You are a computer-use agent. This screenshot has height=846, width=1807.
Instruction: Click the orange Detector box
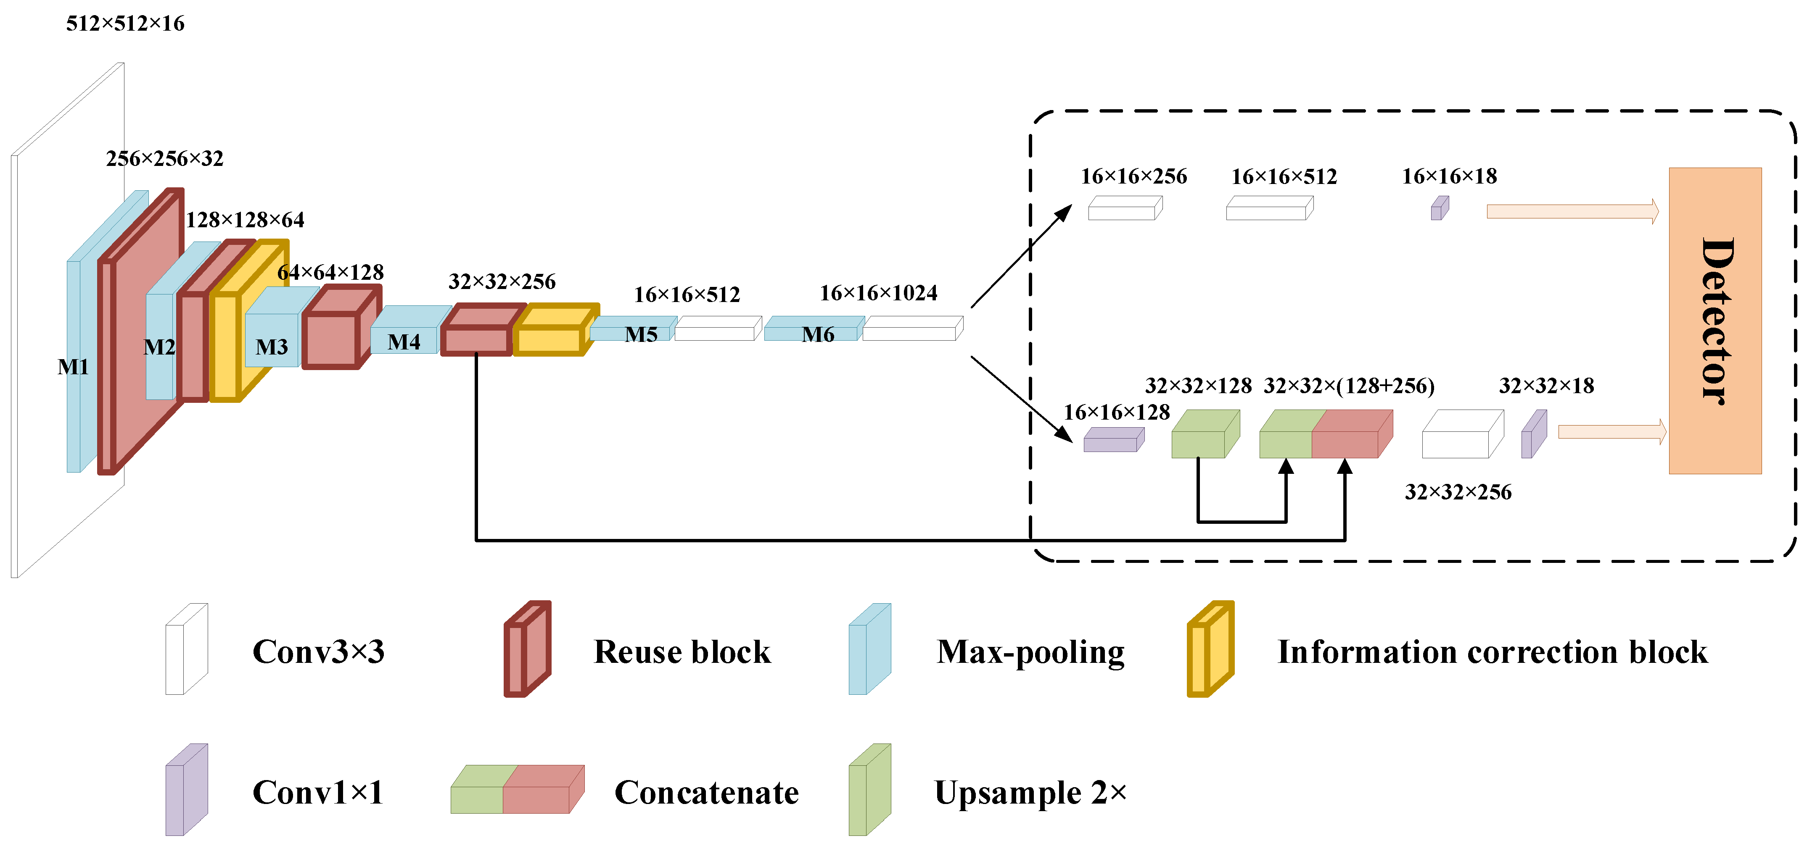(1715, 321)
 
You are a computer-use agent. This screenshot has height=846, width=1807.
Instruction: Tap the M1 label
(73, 367)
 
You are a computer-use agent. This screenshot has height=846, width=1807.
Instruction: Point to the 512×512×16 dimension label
(125, 23)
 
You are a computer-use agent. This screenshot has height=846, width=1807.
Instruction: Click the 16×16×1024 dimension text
(878, 293)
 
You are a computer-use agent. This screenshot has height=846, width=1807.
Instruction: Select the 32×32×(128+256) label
(1348, 386)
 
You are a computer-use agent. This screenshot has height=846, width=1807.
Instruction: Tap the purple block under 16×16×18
(1440, 209)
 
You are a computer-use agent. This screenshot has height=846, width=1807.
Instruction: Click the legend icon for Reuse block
(528, 649)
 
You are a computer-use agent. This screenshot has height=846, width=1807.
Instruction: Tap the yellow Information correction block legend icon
(1210, 649)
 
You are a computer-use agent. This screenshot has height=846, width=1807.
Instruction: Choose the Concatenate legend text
(706, 793)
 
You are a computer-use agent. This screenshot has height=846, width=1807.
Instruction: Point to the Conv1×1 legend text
(318, 793)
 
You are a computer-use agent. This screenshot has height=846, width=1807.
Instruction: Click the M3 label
(272, 347)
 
